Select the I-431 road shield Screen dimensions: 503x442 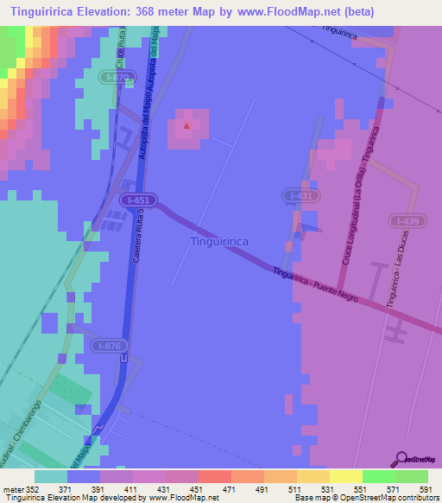point(298,197)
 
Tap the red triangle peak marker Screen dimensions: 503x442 point(186,126)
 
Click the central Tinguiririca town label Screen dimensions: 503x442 point(219,242)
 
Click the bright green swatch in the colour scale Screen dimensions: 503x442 point(379,475)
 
